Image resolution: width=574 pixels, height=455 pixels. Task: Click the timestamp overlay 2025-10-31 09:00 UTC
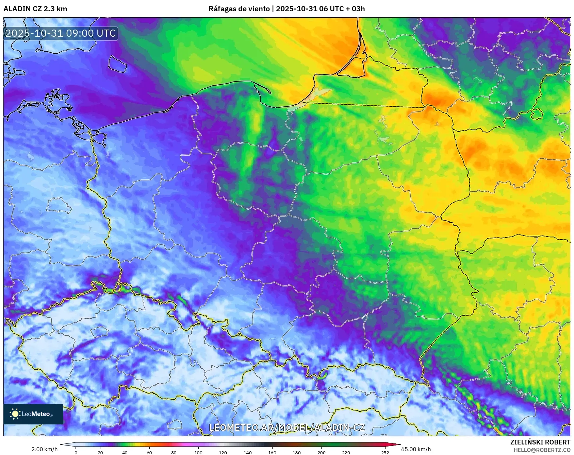[61, 33]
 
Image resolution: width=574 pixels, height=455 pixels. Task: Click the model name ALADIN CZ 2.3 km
[35, 9]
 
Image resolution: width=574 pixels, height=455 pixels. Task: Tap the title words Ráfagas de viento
[239, 9]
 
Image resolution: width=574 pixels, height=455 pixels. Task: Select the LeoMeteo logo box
[33, 414]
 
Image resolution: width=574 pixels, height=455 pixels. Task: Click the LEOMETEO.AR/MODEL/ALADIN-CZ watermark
[287, 427]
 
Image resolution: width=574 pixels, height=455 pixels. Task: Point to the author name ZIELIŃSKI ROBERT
[540, 442]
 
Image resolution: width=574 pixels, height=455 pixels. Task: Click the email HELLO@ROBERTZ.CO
[542, 450]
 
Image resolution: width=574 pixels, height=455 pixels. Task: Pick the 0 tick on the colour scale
[76, 452]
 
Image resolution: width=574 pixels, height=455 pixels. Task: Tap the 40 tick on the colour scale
[125, 452]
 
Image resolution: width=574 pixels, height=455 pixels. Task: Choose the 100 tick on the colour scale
[198, 452]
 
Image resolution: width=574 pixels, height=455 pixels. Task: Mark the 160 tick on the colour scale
[272, 452]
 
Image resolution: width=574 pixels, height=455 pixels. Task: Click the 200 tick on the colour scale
[321, 452]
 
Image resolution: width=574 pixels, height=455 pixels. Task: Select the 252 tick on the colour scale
[385, 452]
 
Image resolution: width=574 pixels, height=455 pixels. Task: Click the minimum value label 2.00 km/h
[44, 449]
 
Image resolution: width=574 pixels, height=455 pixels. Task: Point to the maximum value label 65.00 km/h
[416, 449]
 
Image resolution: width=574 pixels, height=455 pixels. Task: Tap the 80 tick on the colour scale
[174, 452]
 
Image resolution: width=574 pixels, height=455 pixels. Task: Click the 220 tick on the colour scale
[346, 452]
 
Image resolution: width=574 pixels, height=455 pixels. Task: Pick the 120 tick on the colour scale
[223, 452]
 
